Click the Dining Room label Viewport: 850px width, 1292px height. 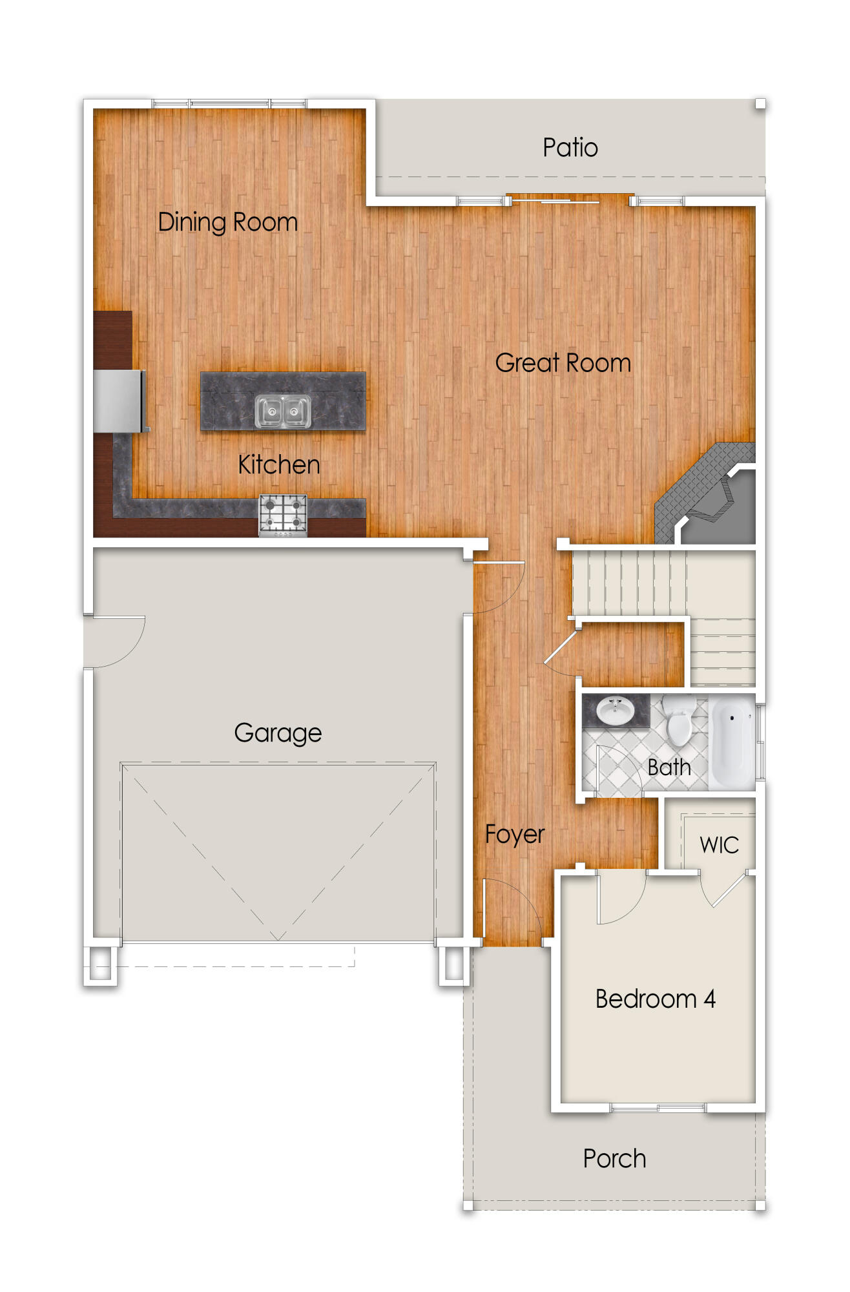[x=227, y=222]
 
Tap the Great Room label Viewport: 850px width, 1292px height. [x=563, y=363]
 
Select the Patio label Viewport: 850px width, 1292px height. [x=570, y=148]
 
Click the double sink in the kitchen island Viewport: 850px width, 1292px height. [x=282, y=411]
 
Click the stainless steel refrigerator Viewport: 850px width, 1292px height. [x=119, y=401]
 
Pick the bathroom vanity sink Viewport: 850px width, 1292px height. [x=616, y=711]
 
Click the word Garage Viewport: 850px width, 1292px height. [x=278, y=733]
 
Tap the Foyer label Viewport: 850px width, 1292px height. [x=515, y=834]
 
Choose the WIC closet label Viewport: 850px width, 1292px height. [x=719, y=845]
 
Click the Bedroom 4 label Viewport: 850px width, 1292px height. [x=655, y=999]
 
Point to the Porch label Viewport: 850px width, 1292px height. [x=614, y=1159]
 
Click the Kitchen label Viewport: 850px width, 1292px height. [x=278, y=465]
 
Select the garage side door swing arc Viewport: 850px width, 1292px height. [x=119, y=643]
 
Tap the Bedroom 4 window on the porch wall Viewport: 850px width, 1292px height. [x=658, y=1108]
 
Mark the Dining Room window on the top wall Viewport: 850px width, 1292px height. [x=229, y=103]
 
